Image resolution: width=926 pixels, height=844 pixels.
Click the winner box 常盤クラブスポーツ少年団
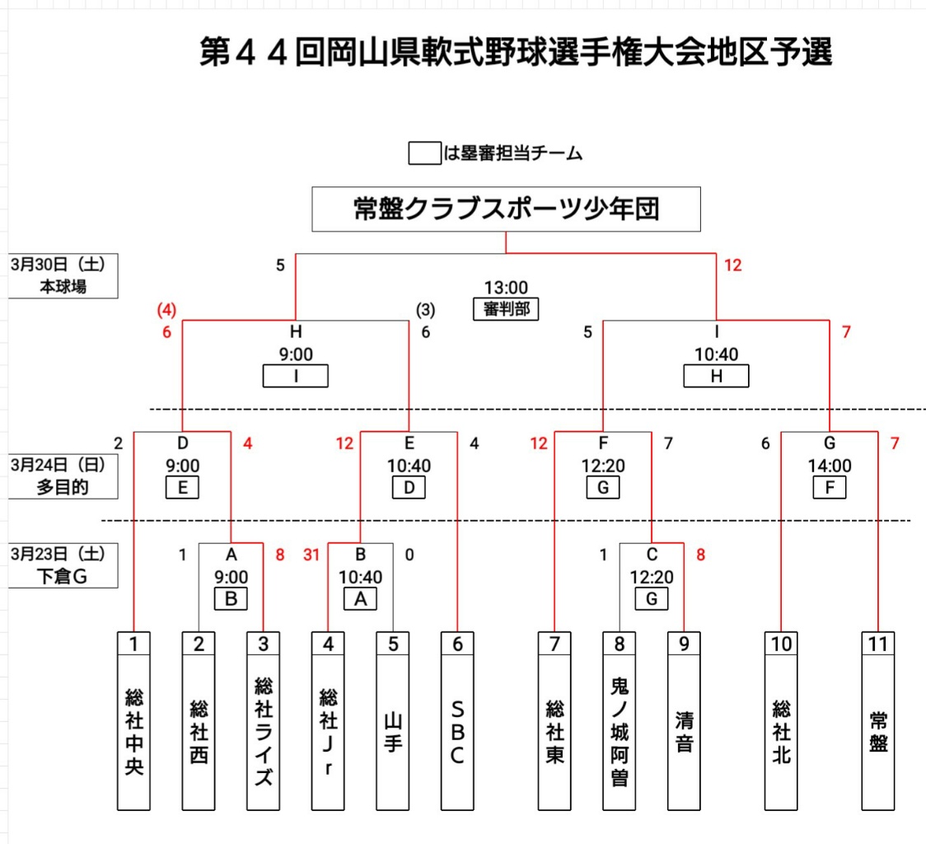pos(506,209)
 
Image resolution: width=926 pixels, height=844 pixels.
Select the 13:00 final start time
pos(506,288)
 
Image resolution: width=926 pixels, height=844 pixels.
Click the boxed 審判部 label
pos(506,309)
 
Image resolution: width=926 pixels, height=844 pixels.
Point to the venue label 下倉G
pos(63,576)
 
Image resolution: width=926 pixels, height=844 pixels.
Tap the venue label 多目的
pos(62,486)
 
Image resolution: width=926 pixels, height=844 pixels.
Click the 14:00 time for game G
pos(830,466)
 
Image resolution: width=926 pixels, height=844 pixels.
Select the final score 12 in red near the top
pos(732,265)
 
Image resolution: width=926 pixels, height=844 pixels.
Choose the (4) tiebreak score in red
pos(167,311)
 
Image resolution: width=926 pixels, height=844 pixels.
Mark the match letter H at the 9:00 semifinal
pos(295,332)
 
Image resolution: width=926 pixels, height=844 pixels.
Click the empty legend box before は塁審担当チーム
pos(424,153)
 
